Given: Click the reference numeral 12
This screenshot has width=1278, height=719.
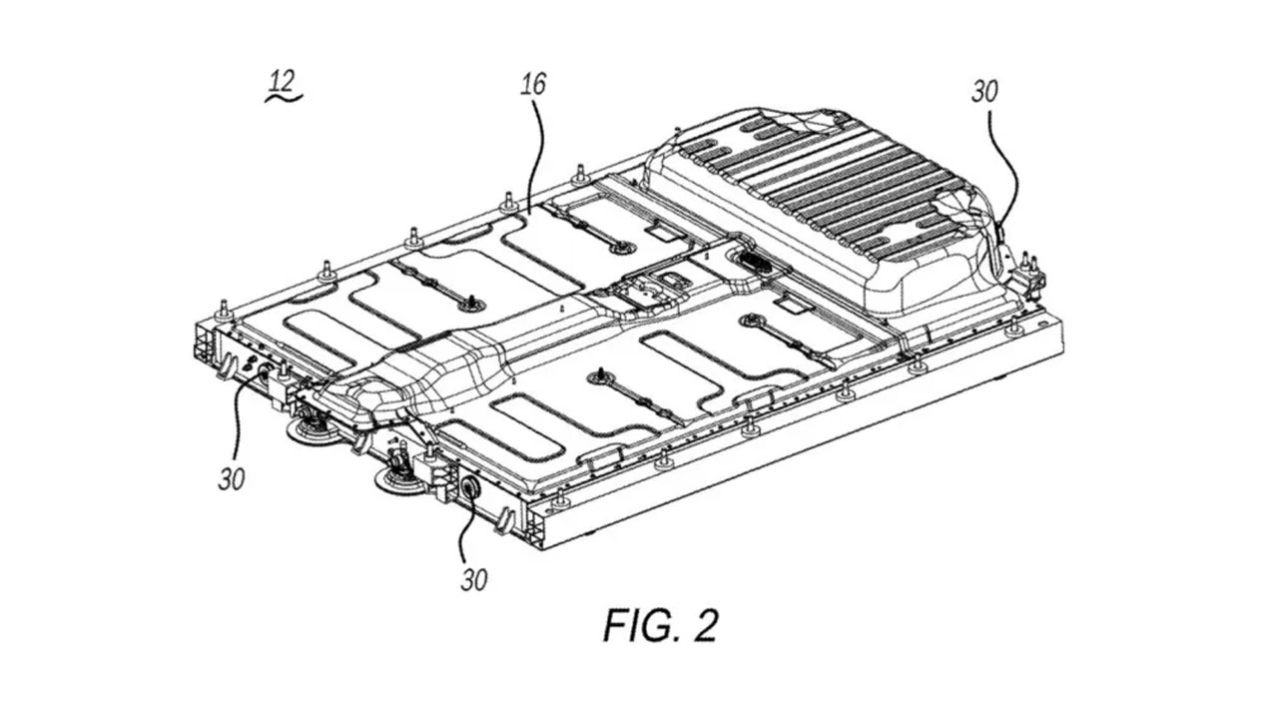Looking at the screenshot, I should pos(282,79).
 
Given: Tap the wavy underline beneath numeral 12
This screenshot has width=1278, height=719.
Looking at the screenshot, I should pos(284,98).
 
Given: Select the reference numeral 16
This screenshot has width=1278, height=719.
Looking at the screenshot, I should pos(533,84).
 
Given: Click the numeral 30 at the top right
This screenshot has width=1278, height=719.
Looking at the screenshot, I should pos(984,91).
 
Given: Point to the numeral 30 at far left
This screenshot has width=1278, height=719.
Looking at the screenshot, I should pos(232,478).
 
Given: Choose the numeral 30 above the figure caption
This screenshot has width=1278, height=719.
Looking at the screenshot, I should pos(473,578).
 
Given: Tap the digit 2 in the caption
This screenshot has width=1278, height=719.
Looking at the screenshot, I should pos(705,626).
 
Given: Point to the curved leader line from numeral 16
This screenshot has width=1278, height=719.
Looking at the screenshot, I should pos(537,150).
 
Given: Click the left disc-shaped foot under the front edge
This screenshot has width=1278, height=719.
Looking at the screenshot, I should pos(311,430).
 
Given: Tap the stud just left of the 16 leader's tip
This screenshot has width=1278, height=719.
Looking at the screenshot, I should pos(507,199).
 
